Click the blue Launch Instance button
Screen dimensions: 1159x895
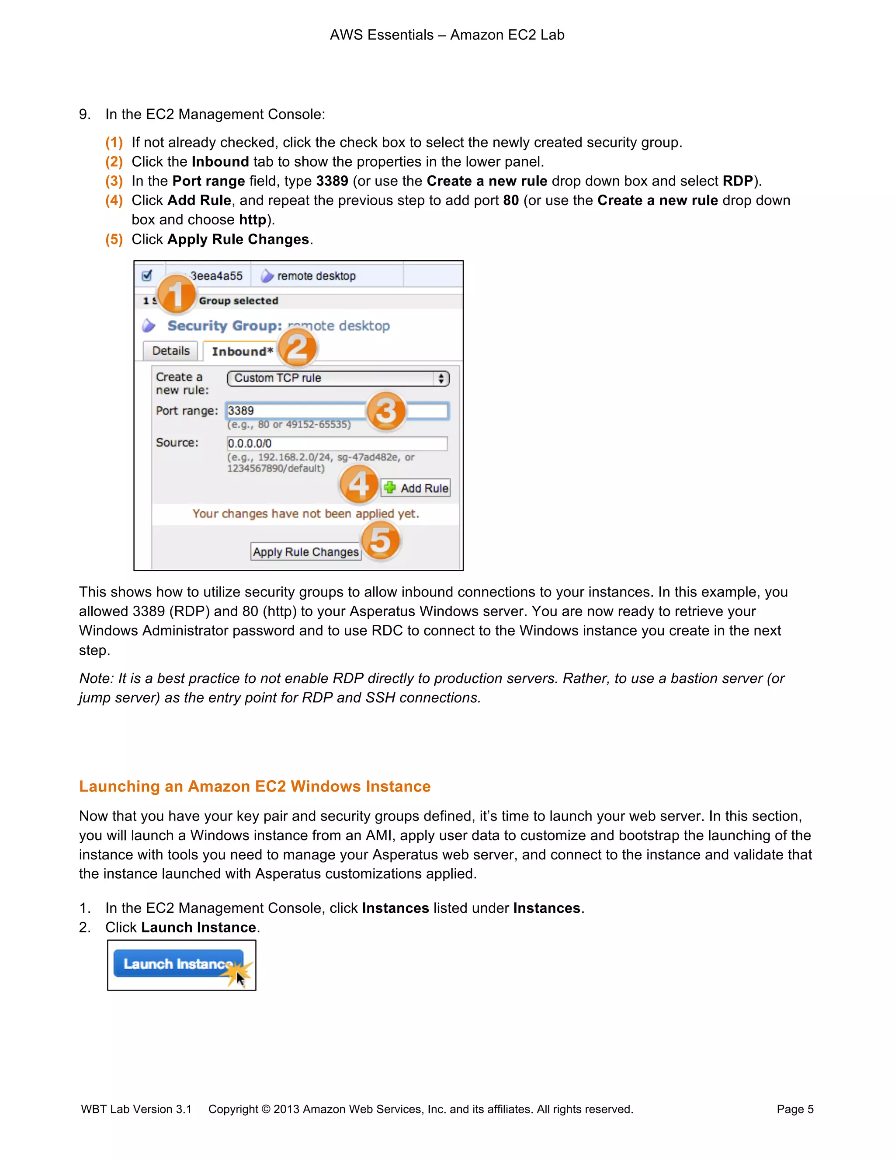pos(177,963)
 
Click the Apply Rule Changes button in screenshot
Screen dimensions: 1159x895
pos(305,552)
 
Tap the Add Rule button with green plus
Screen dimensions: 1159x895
pos(416,488)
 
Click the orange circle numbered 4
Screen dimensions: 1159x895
pos(359,484)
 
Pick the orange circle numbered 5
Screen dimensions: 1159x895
pos(380,541)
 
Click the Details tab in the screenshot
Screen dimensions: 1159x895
pos(171,351)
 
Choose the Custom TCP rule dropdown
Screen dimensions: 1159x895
pos(338,378)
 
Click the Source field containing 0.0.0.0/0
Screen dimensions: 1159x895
pos(336,443)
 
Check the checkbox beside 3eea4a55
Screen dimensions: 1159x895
pos(147,276)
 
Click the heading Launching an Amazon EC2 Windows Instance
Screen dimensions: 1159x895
pos(254,786)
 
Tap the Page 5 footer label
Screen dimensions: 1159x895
pos(794,1109)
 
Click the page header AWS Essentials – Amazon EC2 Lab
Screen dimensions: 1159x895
pos(447,35)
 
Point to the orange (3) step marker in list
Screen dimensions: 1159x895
pos(114,181)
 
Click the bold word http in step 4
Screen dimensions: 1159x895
pos(253,220)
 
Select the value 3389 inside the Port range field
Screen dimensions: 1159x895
pos(241,411)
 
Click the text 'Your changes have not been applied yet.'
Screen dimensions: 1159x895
pos(305,514)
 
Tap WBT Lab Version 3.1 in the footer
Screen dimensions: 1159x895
pos(136,1109)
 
